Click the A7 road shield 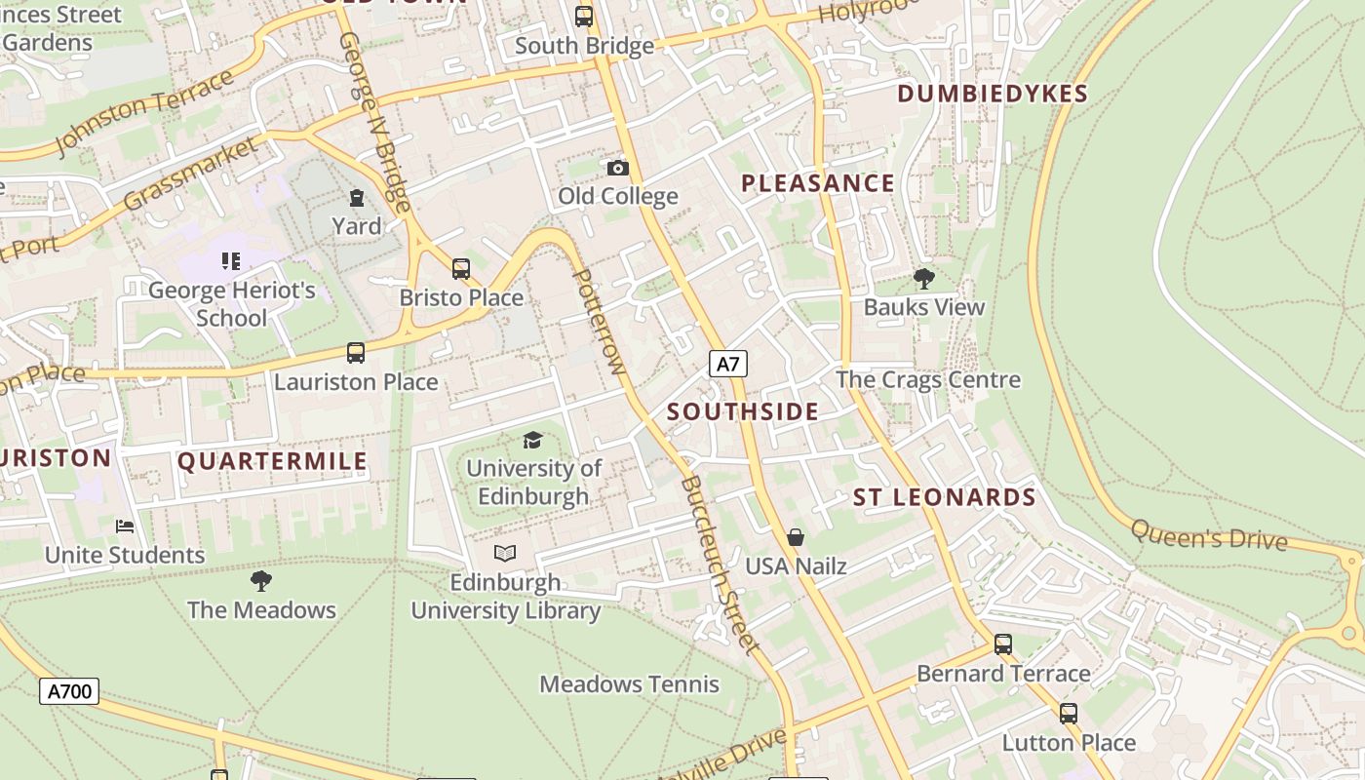[x=727, y=365]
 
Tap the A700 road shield [x=69, y=692]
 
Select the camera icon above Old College [x=617, y=168]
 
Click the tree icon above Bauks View [x=923, y=279]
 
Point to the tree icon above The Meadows [x=260, y=582]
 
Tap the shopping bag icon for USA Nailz [x=796, y=537]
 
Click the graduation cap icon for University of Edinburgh [x=532, y=441]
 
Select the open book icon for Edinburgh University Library [x=504, y=554]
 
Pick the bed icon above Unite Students [x=125, y=526]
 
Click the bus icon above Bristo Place [x=461, y=269]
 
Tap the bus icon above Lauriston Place [x=356, y=353]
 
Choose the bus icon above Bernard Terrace [x=1002, y=644]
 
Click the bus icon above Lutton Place [x=1069, y=714]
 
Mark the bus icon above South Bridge [x=584, y=17]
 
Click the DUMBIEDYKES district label [x=992, y=94]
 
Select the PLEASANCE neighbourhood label [x=817, y=183]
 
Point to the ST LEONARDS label [x=944, y=497]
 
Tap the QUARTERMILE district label [x=272, y=461]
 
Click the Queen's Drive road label [x=1209, y=535]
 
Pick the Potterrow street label [x=598, y=322]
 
